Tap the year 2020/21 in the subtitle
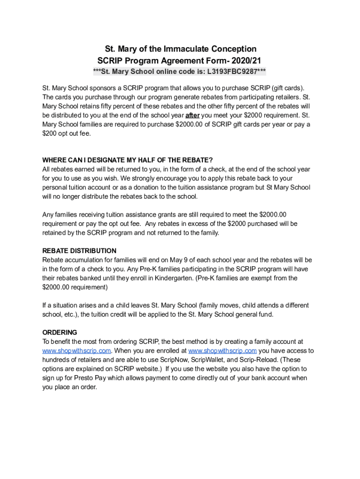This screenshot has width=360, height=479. pos(245,60)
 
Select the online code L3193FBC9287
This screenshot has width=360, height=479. pos(231,72)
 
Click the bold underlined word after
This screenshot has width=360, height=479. pos(193,116)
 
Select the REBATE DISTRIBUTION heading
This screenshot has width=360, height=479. pos(79,251)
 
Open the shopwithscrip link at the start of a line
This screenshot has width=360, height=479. pos(77,351)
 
